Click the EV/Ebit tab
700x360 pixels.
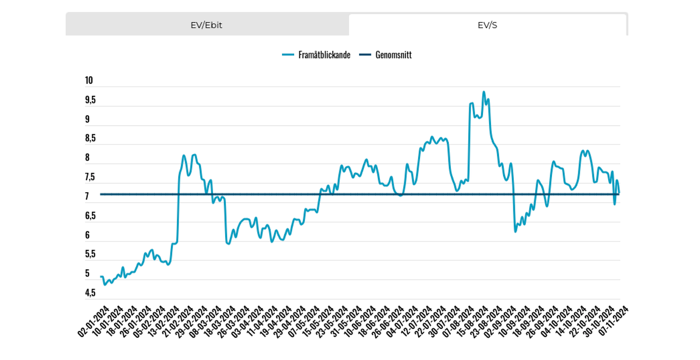206,25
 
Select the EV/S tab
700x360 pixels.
487,25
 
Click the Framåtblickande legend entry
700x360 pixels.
317,55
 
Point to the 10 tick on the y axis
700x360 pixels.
89,81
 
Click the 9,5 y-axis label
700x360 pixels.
90,100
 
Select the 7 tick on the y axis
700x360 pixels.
87,196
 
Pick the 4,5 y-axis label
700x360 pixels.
90,293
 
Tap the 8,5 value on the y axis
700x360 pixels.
90,138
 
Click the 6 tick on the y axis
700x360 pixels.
87,235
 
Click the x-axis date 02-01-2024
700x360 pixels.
94,321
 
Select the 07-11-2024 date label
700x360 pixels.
614,321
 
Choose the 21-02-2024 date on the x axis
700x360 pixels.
178,321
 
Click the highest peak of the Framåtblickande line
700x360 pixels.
483,92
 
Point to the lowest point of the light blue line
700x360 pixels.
104,284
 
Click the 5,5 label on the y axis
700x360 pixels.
90,254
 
